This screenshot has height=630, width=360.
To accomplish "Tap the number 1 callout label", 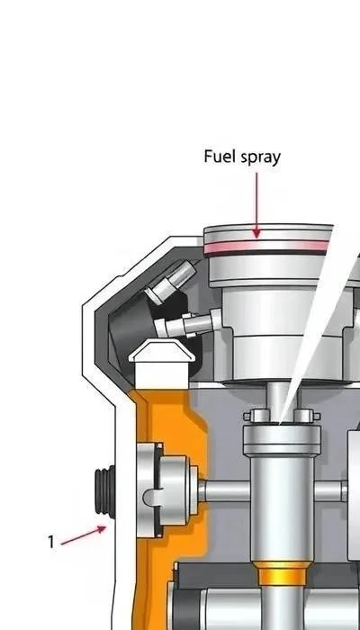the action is (51, 542).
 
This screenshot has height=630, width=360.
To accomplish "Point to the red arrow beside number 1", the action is (84, 535).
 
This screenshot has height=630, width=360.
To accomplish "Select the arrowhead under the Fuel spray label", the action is (256, 233).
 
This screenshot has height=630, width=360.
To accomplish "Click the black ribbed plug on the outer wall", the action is (105, 491).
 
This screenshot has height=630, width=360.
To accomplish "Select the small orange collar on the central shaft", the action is (282, 573).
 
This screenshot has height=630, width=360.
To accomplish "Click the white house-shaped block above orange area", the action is (162, 364).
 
